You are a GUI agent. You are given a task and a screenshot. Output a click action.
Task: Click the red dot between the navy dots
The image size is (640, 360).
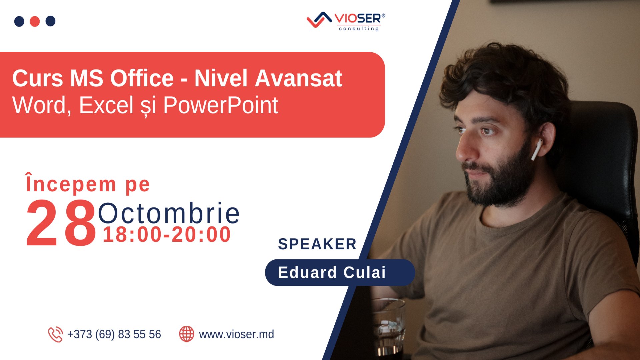(x=35, y=21)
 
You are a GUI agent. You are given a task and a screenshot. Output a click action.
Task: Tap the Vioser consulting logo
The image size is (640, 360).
(x=346, y=21)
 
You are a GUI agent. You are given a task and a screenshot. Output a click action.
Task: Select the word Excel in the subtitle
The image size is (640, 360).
(x=106, y=105)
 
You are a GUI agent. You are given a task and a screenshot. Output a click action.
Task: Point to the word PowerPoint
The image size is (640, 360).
(x=220, y=105)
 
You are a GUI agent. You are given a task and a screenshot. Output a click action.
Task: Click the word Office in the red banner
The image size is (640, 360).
(x=142, y=79)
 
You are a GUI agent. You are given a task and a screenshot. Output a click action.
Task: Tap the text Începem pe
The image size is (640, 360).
(x=88, y=184)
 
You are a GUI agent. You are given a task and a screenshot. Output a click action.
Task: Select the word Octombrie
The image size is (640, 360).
(x=169, y=213)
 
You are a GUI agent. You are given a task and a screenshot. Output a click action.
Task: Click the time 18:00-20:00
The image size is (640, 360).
(x=167, y=234)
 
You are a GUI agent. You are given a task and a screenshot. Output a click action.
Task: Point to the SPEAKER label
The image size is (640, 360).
(x=317, y=244)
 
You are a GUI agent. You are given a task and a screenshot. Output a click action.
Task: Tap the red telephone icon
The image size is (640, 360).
(x=55, y=334)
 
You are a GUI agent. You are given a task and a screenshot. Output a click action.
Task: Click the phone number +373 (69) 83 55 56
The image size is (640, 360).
(x=114, y=334)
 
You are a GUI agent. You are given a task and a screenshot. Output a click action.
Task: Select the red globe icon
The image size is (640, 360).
(x=186, y=334)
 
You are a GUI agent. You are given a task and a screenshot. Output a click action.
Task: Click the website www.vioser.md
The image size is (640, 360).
(x=236, y=334)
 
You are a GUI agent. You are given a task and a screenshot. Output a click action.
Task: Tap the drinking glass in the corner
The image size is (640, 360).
(x=388, y=327)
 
